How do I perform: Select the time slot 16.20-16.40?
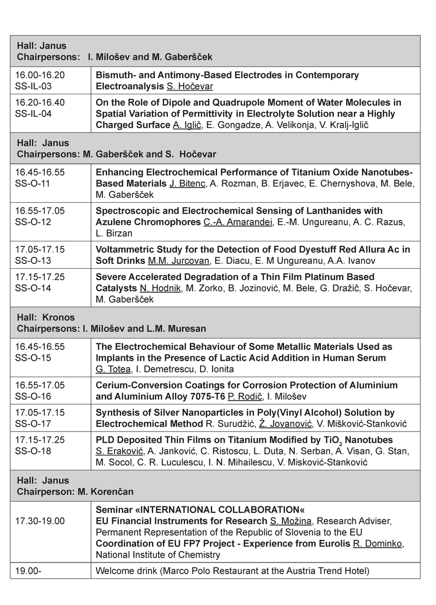coord(40,102)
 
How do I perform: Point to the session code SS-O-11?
coord(33,183)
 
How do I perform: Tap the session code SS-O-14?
coord(33,288)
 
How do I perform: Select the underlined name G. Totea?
coord(112,368)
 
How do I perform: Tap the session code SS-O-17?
coord(33,423)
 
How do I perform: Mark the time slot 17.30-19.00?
coord(40,521)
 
